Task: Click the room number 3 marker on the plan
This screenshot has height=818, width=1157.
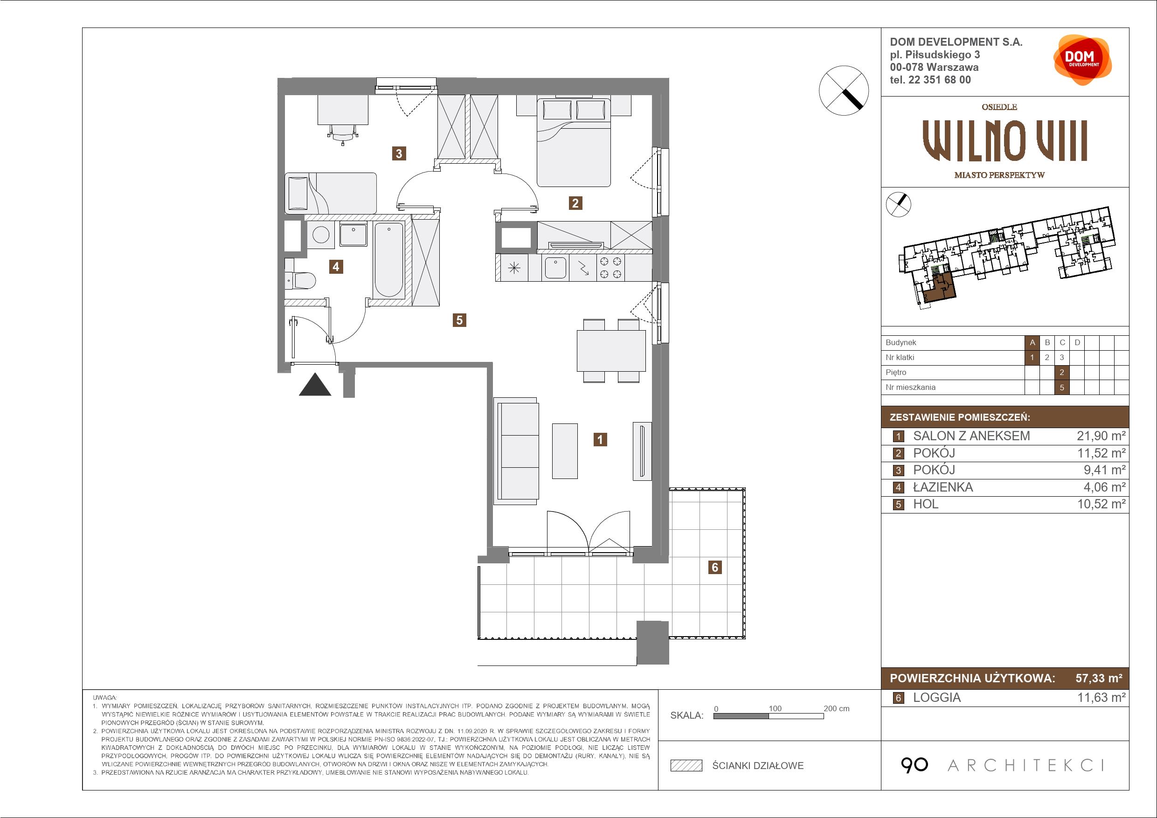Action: pyautogui.click(x=399, y=153)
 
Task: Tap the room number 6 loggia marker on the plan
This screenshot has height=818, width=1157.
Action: pyautogui.click(x=714, y=568)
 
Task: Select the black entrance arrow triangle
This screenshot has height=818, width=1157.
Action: pyautogui.click(x=315, y=385)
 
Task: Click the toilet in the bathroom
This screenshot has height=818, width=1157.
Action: pyautogui.click(x=300, y=280)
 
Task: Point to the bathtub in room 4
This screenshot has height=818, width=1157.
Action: pyautogui.click(x=388, y=260)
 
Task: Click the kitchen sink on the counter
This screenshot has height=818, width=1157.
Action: pyautogui.click(x=555, y=268)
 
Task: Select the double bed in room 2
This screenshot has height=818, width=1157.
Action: pyautogui.click(x=574, y=142)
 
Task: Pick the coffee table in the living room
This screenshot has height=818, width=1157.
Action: pyautogui.click(x=565, y=451)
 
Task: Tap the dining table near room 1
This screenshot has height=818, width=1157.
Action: pyautogui.click(x=611, y=351)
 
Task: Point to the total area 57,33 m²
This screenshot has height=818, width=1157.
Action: pyautogui.click(x=1099, y=679)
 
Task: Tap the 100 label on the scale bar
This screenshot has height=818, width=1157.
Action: pyautogui.click(x=775, y=708)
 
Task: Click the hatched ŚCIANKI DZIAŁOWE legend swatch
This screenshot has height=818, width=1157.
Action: pyautogui.click(x=686, y=766)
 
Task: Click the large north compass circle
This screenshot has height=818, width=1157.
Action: pyautogui.click(x=844, y=91)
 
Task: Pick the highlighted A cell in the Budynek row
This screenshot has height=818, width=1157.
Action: pyautogui.click(x=1032, y=343)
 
